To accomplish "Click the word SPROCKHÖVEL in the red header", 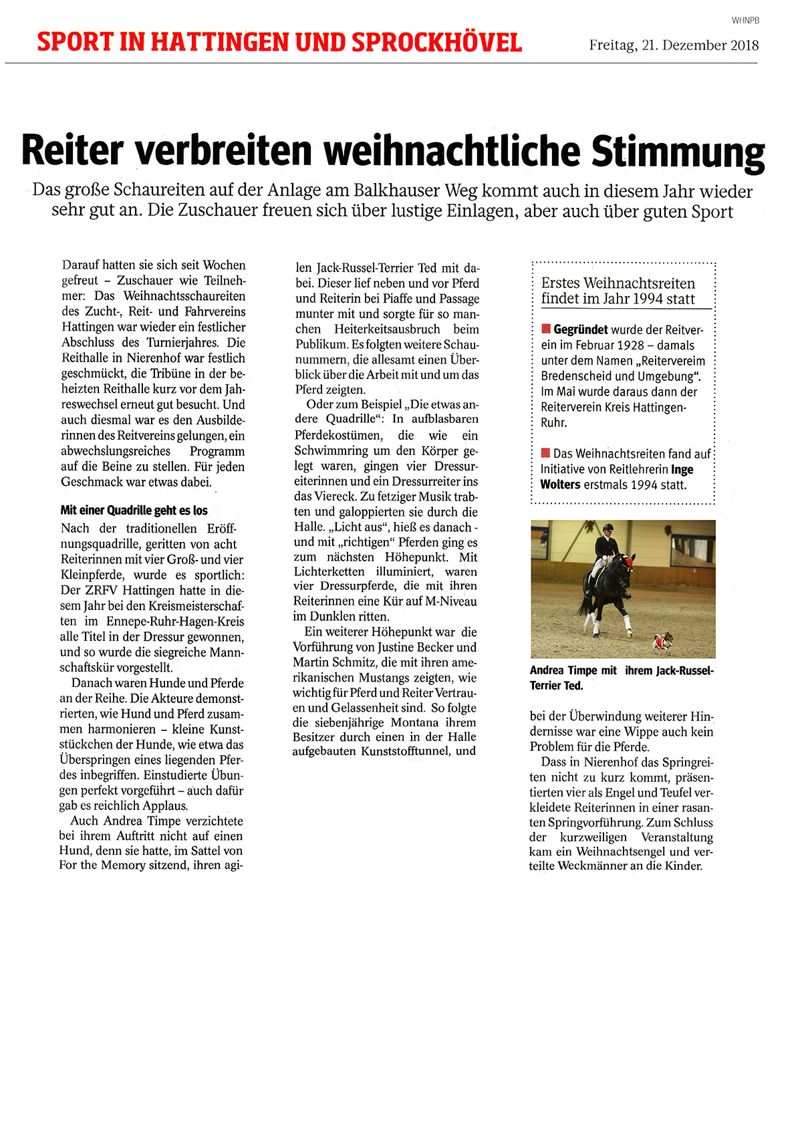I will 436,42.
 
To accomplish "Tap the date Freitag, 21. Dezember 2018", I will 674,45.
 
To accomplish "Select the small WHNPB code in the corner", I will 745,21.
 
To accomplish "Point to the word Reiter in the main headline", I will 72,150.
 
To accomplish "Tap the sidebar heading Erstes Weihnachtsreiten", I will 618,283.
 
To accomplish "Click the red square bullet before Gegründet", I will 545,329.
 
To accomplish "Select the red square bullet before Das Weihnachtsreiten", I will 545,453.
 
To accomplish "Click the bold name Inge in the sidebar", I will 682,470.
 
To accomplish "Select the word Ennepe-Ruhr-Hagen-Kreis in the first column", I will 175,621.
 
